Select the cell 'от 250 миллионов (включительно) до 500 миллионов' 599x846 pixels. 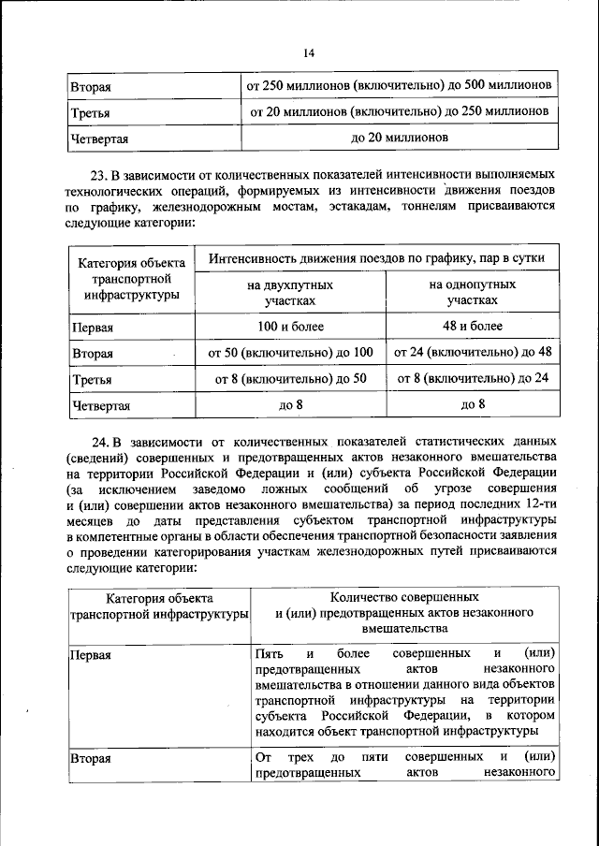398,85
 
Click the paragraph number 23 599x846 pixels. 98,175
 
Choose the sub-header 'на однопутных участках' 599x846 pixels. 472,292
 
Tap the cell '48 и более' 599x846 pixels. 472,327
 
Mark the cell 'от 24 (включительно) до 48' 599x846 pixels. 472,353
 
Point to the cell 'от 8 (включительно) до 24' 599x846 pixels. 472,379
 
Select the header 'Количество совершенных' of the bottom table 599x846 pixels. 405,596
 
